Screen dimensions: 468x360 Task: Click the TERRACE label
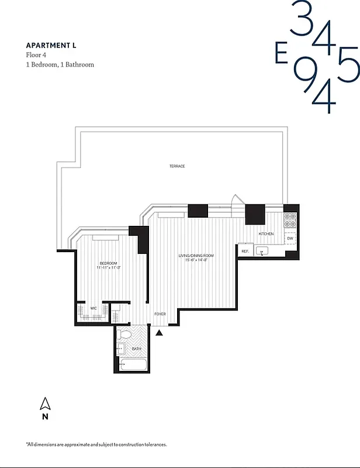[x=177, y=166]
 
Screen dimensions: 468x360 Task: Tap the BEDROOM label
[x=108, y=263]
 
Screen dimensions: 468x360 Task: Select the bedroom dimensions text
[x=109, y=268]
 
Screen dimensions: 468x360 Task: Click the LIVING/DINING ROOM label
[x=196, y=256]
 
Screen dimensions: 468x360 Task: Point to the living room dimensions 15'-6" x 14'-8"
[x=196, y=260]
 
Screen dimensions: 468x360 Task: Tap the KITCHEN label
[x=266, y=234]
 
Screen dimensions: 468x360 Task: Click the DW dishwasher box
[x=290, y=239]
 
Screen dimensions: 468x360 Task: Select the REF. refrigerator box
[x=245, y=251]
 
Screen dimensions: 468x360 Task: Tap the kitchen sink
[x=262, y=252]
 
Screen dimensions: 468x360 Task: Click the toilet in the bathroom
[x=123, y=335]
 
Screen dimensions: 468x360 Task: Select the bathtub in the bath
[x=133, y=365]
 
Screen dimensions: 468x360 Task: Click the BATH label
[x=136, y=349]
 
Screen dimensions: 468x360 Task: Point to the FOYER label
[x=160, y=314]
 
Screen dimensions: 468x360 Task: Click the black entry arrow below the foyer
[x=160, y=333]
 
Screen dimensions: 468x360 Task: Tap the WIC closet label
[x=94, y=308]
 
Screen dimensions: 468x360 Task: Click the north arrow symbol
[x=45, y=404]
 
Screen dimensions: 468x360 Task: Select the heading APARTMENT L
[x=51, y=45]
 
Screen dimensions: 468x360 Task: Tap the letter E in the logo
[x=281, y=54]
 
